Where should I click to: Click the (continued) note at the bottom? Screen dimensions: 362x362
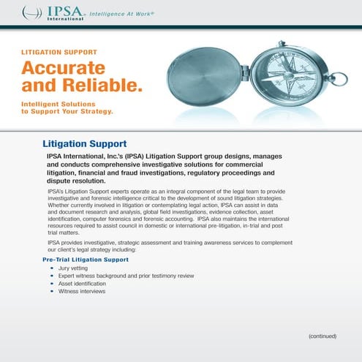(x=322, y=336)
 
